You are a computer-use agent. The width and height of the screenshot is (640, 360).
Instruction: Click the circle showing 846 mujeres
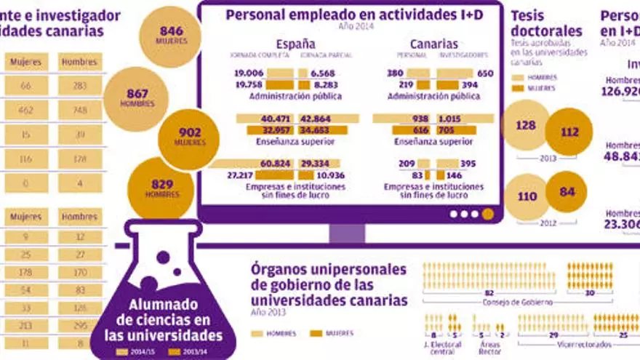[170, 35]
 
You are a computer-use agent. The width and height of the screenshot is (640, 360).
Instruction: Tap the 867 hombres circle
[137, 98]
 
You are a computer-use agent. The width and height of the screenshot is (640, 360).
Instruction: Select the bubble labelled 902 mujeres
[190, 137]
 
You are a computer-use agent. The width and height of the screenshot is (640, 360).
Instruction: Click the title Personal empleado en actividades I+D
[353, 15]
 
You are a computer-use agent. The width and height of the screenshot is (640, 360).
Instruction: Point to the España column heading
[296, 44]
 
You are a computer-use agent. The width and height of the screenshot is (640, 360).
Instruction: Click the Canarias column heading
[434, 44]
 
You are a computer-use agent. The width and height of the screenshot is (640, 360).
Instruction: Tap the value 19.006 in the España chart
[249, 73]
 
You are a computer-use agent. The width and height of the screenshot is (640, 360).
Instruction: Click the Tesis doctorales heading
[546, 23]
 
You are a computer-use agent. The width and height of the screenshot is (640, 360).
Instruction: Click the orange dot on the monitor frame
[487, 214]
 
